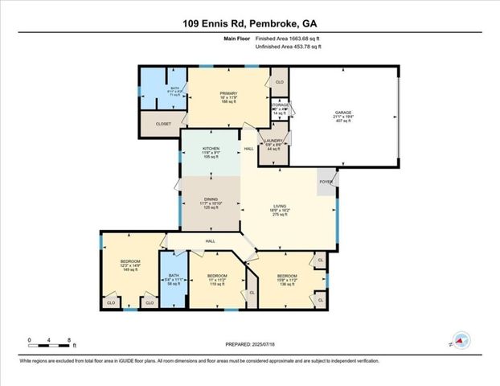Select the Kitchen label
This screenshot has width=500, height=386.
[210, 151]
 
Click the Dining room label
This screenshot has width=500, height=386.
[210, 200]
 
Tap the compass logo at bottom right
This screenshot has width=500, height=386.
[461, 341]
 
